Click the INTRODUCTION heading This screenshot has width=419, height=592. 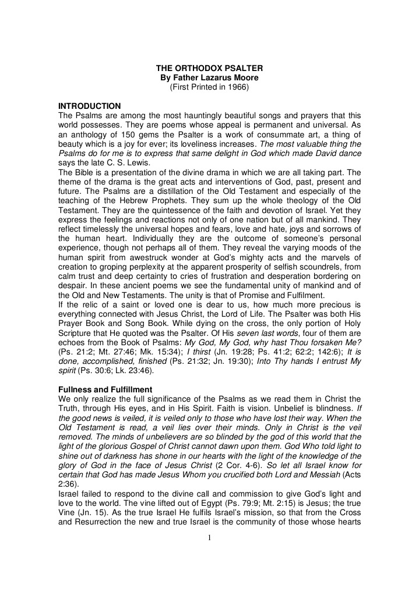(x=90, y=106)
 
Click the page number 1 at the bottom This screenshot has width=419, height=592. (x=209, y=537)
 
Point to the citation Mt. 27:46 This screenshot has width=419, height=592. (x=124, y=337)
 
